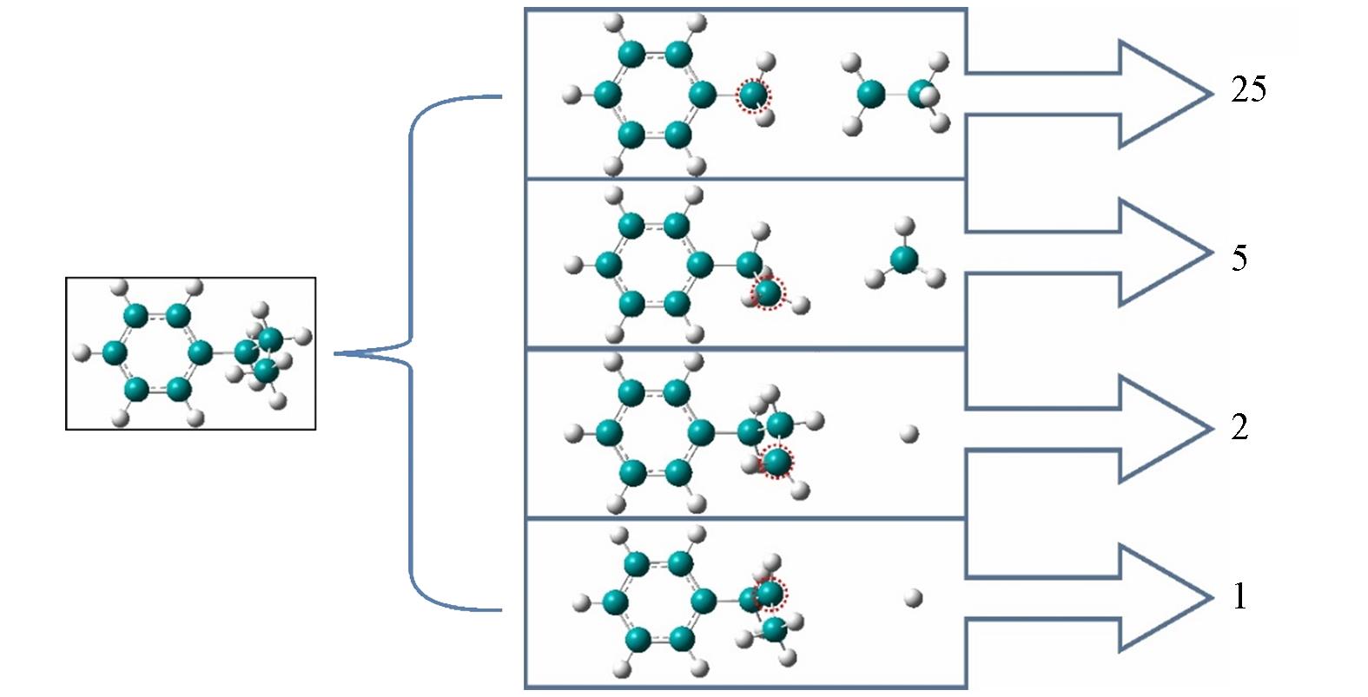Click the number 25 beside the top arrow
(x=1248, y=89)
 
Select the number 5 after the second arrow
(x=1239, y=258)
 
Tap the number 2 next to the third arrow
(x=1239, y=427)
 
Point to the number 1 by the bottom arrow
(x=1239, y=596)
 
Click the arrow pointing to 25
(x=1129, y=94)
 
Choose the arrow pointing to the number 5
(x=1129, y=253)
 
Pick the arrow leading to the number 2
(x=1129, y=429)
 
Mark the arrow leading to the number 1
(x=1129, y=598)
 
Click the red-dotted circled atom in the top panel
(x=754, y=95)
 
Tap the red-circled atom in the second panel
(x=768, y=293)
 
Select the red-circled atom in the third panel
(x=777, y=461)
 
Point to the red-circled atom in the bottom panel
(x=769, y=594)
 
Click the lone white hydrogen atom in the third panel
(x=909, y=434)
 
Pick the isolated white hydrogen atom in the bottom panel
(x=913, y=597)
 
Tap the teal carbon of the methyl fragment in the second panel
(x=903, y=259)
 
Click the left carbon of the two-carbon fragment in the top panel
(x=870, y=94)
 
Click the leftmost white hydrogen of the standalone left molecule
(x=82, y=352)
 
